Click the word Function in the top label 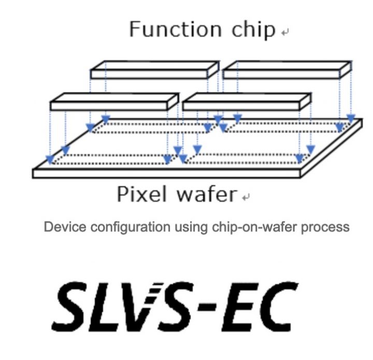point(176,29)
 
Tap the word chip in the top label point(253,30)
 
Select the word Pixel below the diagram point(141,194)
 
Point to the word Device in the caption point(65,227)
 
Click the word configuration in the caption point(130,227)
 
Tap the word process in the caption point(325,228)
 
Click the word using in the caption point(191,228)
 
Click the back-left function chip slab point(154,70)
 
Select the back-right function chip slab point(287,70)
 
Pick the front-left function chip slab point(114,102)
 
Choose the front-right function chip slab point(247,102)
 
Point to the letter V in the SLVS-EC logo point(140,307)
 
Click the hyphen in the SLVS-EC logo point(207,307)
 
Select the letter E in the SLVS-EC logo point(240,307)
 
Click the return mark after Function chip point(285,32)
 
